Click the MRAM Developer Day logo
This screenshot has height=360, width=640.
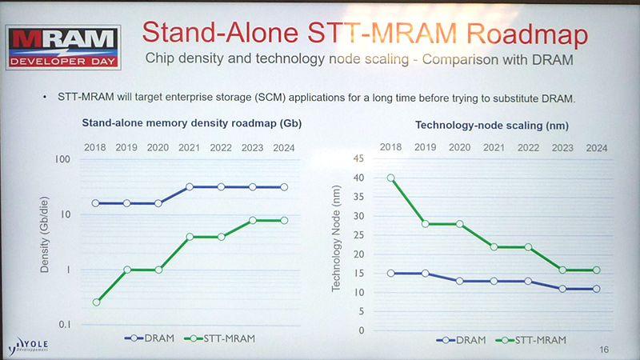(63, 47)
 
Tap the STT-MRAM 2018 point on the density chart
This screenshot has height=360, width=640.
(96, 302)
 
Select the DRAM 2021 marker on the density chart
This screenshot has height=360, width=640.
(190, 186)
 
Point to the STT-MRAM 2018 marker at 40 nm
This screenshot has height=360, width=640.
(391, 178)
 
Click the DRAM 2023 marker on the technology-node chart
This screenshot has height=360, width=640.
(562, 289)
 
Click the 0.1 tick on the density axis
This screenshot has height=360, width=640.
(63, 325)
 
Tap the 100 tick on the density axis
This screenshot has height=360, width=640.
(62, 159)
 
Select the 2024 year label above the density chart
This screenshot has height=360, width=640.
(282, 148)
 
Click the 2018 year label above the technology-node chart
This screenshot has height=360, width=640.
(391, 148)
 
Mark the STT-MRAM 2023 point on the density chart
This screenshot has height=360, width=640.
(252, 220)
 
